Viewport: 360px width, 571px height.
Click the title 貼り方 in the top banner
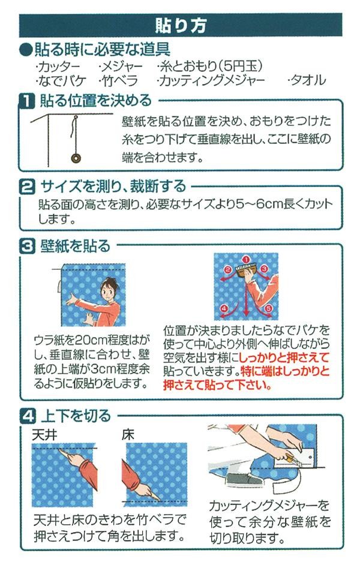tap(181, 25)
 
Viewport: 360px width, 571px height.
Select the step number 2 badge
tap(27, 187)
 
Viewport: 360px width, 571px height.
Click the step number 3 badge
tap(27, 247)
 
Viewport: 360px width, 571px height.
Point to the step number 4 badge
tap(27, 416)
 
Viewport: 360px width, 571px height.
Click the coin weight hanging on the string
tap(76, 158)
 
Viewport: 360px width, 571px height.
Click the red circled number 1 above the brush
tap(245, 259)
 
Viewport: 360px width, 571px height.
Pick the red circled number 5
tap(269, 309)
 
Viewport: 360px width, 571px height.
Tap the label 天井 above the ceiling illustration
tap(44, 435)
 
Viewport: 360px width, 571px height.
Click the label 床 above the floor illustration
tap(128, 435)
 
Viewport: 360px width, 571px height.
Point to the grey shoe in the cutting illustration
tap(244, 479)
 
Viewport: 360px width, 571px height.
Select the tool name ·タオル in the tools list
tap(307, 80)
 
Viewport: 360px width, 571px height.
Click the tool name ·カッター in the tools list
tap(58, 67)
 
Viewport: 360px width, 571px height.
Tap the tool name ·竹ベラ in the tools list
tap(118, 80)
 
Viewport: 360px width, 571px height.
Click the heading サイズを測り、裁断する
tap(113, 187)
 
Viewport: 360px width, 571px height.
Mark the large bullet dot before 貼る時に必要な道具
tap(26, 50)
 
